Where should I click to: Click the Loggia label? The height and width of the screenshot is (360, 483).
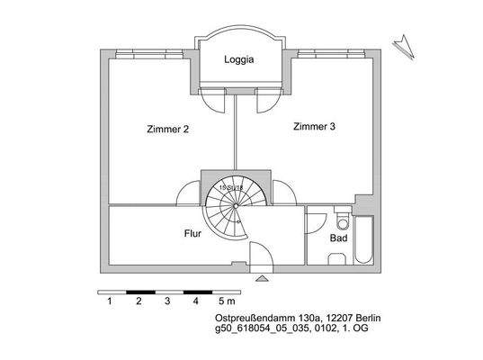pos(239,62)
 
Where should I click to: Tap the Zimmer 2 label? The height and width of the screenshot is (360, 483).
pos(167,130)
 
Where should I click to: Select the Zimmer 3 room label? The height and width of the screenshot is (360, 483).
pos(314,127)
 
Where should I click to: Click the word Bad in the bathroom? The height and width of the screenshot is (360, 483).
pos(338,240)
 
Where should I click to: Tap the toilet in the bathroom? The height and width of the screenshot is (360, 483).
pos(340,221)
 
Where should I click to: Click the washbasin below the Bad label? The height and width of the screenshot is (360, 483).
pos(338,259)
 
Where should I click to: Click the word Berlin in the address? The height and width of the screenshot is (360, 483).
pos(352,319)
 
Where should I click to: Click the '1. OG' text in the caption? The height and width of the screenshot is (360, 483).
pos(354,330)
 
